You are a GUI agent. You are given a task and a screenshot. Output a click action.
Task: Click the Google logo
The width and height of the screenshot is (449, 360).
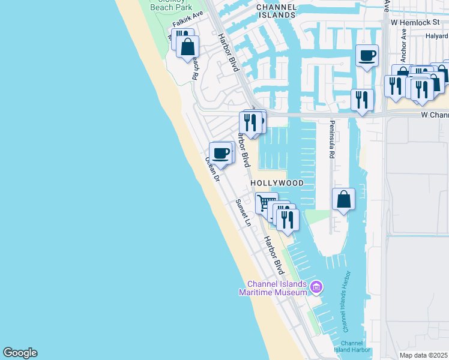(x=20, y=353)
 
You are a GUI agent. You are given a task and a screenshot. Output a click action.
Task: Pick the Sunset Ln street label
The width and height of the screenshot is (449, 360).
(x=243, y=212)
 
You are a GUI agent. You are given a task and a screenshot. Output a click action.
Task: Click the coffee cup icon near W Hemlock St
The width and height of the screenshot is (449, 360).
(x=367, y=56)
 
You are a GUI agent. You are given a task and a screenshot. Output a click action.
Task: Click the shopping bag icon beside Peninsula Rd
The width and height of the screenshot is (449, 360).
(x=343, y=199)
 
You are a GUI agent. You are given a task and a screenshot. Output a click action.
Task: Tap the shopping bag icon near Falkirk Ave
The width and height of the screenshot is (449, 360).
(x=188, y=46)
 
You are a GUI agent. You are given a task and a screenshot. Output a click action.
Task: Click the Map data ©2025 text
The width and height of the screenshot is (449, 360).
(x=424, y=355)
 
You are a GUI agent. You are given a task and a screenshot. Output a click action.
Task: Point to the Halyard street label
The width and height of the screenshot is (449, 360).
(x=437, y=36)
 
